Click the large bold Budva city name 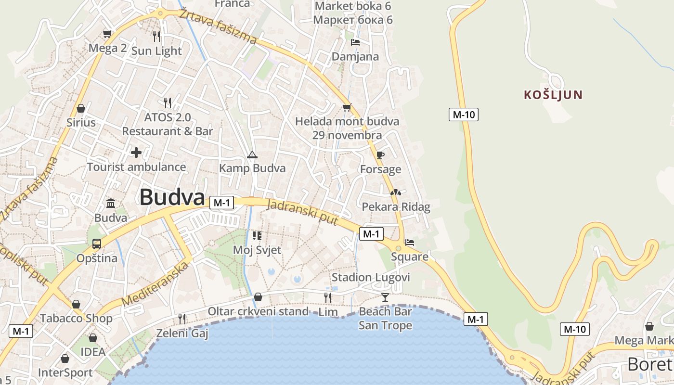click(172, 197)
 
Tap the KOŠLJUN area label click(553, 95)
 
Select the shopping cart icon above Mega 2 click(107, 34)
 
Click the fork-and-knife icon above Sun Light click(156, 36)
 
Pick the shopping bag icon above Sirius click(81, 108)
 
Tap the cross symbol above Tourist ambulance click(136, 153)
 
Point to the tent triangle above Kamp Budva click(252, 155)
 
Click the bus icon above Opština click(97, 244)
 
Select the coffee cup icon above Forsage click(380, 155)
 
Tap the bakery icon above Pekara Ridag click(396, 192)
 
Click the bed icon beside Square click(410, 243)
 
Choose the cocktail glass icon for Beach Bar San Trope click(385, 297)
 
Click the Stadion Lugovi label click(371, 277)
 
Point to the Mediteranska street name click(155, 283)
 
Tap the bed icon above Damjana click(355, 42)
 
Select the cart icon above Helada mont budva click(347, 107)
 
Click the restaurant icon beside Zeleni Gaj click(182, 319)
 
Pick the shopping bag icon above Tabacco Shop click(76, 304)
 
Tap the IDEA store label click(93, 352)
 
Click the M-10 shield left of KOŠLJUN click(464, 115)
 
